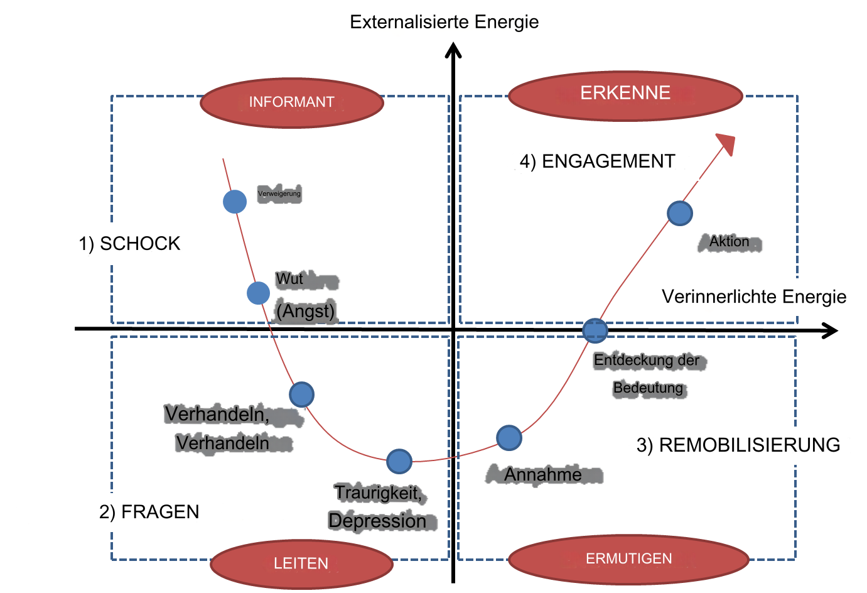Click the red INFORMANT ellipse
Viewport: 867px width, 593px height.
pyautogui.click(x=292, y=103)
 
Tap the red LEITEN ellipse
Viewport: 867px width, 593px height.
pyautogui.click(x=301, y=563)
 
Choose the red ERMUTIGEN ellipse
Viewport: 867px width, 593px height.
pyautogui.click(x=628, y=559)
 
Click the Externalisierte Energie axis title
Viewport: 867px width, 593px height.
pyautogui.click(x=445, y=23)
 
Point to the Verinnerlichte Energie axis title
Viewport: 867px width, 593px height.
pyautogui.click(x=754, y=297)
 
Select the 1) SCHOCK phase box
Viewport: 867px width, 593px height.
pyautogui.click(x=129, y=244)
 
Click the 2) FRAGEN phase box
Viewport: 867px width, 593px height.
pyautogui.click(x=149, y=512)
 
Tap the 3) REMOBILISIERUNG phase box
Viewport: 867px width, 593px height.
pyautogui.click(x=739, y=445)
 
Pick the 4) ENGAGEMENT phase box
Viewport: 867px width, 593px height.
pyautogui.click(x=597, y=162)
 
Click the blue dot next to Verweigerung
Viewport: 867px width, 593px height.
pyautogui.click(x=235, y=202)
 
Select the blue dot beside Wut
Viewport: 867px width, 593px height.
pyautogui.click(x=258, y=293)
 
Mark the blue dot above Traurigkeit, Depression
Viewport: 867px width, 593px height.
pyautogui.click(x=399, y=462)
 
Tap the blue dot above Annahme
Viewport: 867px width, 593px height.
pyautogui.click(x=509, y=438)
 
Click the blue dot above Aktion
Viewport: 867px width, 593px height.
pyautogui.click(x=680, y=213)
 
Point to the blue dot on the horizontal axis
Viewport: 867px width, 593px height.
pyautogui.click(x=595, y=330)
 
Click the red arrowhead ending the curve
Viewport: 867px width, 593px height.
pyautogui.click(x=726, y=143)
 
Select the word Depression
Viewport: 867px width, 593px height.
pyautogui.click(x=377, y=521)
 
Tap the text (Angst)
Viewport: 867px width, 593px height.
pyautogui.click(x=306, y=312)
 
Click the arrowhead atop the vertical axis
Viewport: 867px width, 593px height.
pyautogui.click(x=453, y=50)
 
